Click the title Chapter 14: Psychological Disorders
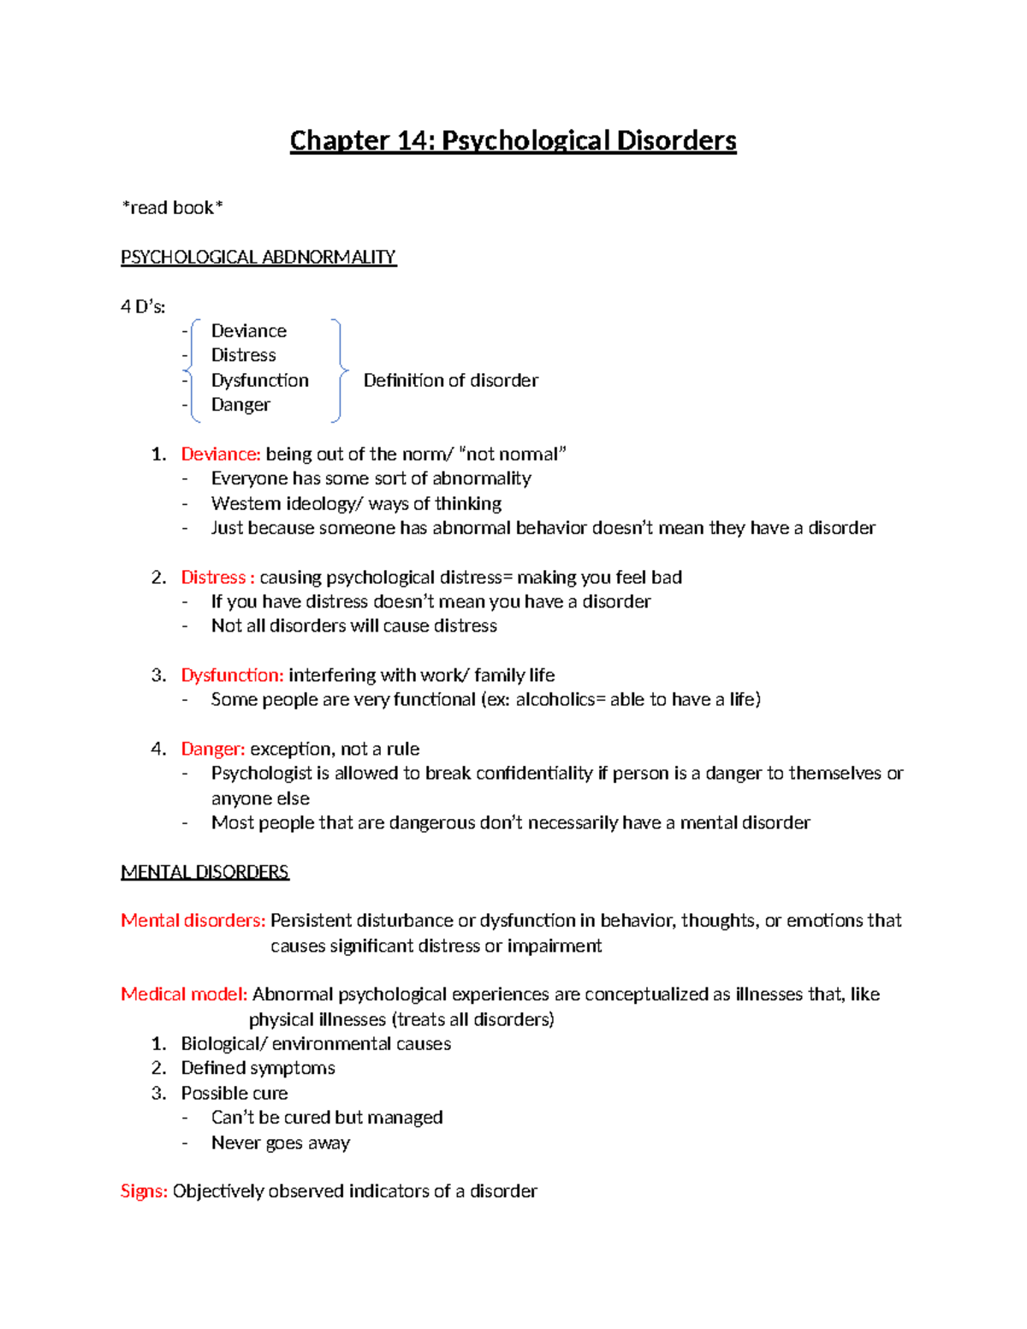click(513, 140)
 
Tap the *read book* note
click(172, 208)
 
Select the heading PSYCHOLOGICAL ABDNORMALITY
click(258, 258)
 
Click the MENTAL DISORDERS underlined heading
click(205, 872)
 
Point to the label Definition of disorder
click(450, 381)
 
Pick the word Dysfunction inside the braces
click(259, 381)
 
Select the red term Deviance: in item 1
click(220, 454)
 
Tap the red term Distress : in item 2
click(217, 578)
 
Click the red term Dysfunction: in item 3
click(231, 675)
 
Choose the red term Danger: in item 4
click(212, 750)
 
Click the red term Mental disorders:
click(193, 921)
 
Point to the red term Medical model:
click(184, 994)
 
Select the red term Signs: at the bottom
click(144, 1191)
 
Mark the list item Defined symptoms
click(258, 1068)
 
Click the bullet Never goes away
click(281, 1143)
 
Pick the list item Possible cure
click(234, 1094)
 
